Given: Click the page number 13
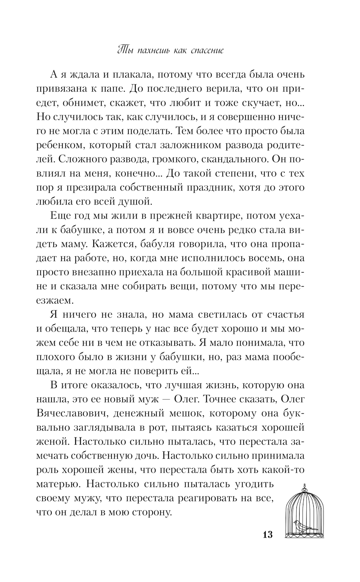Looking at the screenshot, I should click(267, 535).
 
